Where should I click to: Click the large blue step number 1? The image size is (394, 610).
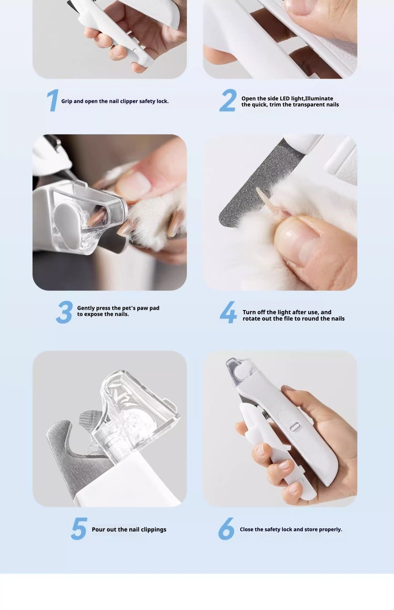coord(53,100)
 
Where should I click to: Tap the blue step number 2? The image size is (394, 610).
coord(228,100)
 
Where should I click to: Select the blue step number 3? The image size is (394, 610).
coord(65,312)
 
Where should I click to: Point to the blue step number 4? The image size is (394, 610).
coord(228,312)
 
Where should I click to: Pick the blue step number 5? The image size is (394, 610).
coord(79,529)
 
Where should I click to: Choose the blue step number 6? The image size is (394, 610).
coord(226,529)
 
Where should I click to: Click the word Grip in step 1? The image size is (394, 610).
coord(67,101)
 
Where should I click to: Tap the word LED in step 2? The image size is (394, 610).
coord(285,98)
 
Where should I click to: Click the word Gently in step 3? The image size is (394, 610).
coord(86,308)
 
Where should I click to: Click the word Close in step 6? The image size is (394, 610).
coord(247,529)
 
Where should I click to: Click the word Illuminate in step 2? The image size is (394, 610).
coord(319,98)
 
